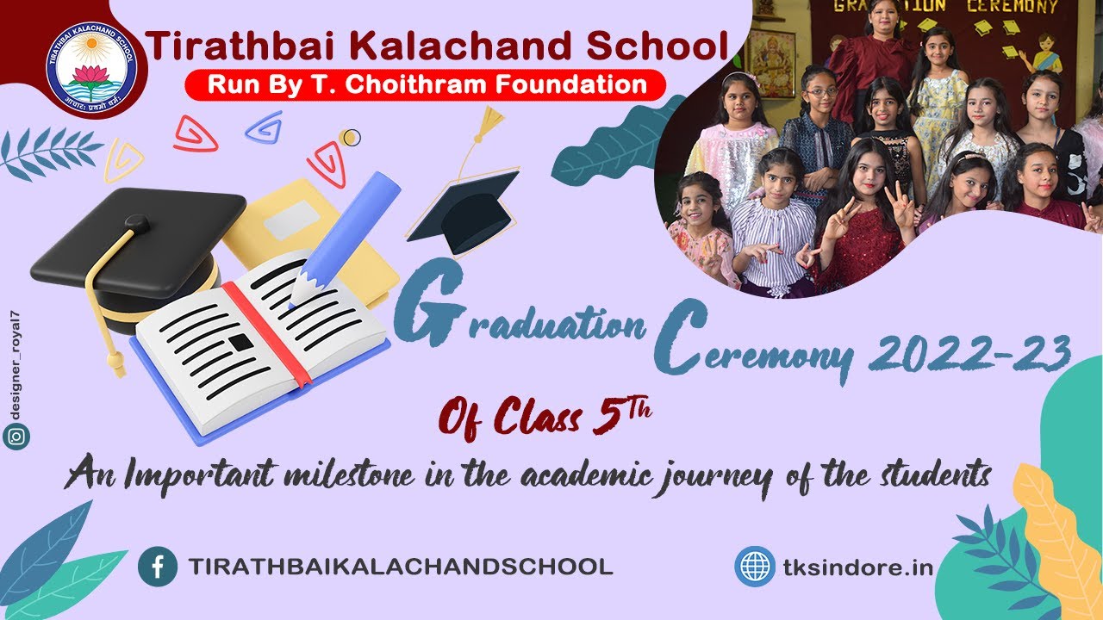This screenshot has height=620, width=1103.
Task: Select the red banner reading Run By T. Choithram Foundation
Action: pos(426,84)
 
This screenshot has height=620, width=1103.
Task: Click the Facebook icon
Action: pos(158,567)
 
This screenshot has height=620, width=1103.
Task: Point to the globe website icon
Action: pos(755,567)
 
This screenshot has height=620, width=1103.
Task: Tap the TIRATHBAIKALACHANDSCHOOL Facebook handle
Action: pos(401,567)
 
